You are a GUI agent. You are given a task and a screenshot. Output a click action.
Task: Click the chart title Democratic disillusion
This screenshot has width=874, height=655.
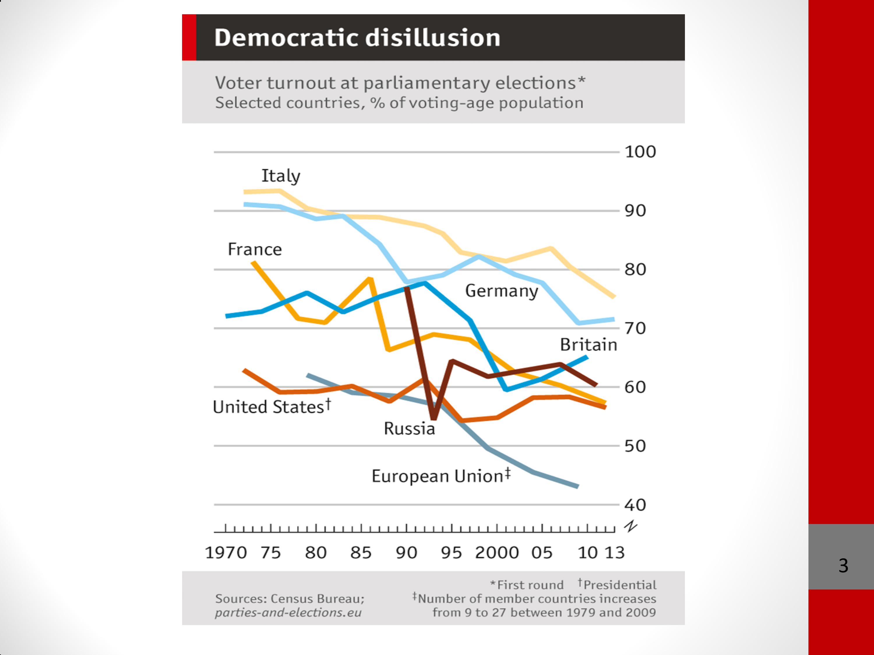[357, 38]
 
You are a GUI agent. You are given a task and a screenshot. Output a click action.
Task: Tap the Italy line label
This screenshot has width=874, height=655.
[281, 176]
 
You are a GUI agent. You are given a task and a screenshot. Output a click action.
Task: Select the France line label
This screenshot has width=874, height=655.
[255, 249]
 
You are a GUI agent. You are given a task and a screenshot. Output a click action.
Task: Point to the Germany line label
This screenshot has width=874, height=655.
[501, 291]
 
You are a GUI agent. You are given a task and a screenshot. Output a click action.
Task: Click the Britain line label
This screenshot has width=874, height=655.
[588, 345]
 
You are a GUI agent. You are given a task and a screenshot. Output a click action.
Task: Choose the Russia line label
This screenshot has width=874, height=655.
[409, 429]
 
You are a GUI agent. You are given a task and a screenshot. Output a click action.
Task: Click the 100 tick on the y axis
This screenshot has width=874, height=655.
[640, 152]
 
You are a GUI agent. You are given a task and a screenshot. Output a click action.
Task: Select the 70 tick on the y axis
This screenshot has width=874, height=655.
[635, 328]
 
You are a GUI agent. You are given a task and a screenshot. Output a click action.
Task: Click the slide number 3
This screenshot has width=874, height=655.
[843, 566]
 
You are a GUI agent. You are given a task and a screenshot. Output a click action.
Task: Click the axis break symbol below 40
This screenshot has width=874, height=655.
[631, 526]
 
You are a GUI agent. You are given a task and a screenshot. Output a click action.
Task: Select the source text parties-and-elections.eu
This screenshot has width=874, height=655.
[288, 613]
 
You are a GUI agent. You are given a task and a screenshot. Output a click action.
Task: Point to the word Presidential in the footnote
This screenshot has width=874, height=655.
[620, 585]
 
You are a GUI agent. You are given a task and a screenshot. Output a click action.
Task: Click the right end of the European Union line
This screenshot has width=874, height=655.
[578, 486]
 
